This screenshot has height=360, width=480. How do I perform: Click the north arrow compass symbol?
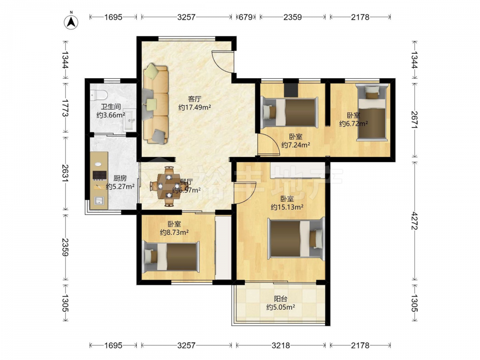[71, 22]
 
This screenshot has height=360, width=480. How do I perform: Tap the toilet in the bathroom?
[98, 95]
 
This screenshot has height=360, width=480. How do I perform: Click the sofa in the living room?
[156, 104]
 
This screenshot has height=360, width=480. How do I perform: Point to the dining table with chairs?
[168, 186]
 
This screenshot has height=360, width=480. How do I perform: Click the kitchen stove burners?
[99, 175]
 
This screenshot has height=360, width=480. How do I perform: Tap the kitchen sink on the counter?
[99, 201]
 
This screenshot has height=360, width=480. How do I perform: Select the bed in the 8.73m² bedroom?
[171, 256]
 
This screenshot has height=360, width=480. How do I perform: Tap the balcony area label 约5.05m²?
[280, 307]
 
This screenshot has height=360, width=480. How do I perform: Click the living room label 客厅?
[194, 99]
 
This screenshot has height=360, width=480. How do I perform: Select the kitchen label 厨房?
[120, 178]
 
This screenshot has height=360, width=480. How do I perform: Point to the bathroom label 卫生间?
[111, 107]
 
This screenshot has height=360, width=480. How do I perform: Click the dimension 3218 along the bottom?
[281, 346]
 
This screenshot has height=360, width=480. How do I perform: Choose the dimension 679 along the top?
[245, 17]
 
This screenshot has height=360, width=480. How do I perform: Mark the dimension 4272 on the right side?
[415, 220]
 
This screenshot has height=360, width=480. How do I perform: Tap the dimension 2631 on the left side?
[65, 173]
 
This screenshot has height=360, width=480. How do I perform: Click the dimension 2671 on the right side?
[415, 120]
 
